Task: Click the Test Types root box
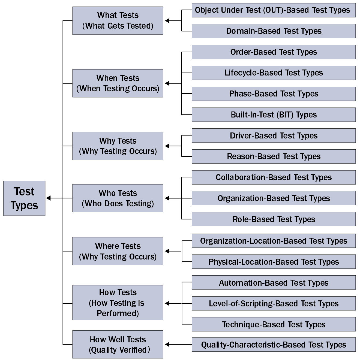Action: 24,198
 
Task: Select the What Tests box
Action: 118,21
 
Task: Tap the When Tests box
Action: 118,83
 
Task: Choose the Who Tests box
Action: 118,198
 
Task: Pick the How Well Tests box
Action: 118,345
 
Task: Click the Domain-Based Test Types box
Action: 274,31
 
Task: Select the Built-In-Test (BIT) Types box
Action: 274,115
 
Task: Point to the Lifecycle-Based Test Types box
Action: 274,73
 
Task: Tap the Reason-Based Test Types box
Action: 274,156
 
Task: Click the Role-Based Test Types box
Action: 274,219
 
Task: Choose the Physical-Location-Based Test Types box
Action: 274,262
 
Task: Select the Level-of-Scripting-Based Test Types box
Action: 274,304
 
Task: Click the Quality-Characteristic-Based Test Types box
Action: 274,345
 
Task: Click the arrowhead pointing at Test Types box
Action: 49,198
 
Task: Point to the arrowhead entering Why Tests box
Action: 167,146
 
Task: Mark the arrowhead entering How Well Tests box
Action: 167,345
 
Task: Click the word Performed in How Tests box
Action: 118,313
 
